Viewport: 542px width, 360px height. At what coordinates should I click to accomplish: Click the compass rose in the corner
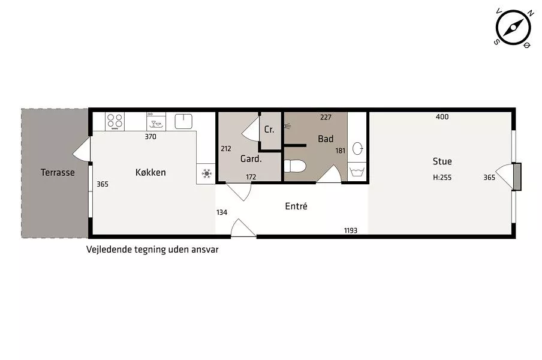pos(513,28)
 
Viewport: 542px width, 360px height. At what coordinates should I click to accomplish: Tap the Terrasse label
pos(58,172)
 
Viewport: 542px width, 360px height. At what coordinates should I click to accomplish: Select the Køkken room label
pos(150,172)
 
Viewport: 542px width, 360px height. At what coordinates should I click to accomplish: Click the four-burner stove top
pos(115,121)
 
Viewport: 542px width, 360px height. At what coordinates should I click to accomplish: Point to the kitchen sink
pos(183,121)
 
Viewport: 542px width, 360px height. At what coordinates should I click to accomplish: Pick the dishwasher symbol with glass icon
pos(156,121)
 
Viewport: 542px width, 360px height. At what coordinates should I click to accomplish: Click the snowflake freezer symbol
pos(206,173)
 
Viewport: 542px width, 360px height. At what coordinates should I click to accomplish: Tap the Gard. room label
pos(251,159)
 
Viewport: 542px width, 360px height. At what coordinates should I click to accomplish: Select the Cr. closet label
pos(269,130)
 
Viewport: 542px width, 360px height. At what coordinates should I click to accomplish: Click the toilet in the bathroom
pos(295,166)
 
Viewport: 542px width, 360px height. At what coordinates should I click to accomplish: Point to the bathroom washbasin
pos(358,149)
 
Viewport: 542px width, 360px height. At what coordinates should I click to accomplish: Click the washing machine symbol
pos(357,172)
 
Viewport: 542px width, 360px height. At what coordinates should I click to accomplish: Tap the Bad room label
pos(326,139)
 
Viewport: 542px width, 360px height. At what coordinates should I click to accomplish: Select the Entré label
pos(296,206)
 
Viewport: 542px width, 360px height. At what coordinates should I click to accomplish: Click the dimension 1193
pos(351,230)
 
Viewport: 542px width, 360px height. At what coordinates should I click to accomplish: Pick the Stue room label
pos(442,161)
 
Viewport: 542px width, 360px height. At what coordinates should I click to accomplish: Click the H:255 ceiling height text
pos(442,178)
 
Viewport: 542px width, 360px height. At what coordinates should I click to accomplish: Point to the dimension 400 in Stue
pos(442,117)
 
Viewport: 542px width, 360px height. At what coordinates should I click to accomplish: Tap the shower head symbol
pos(287,126)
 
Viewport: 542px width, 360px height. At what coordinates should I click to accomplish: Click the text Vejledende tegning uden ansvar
pos(152,250)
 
